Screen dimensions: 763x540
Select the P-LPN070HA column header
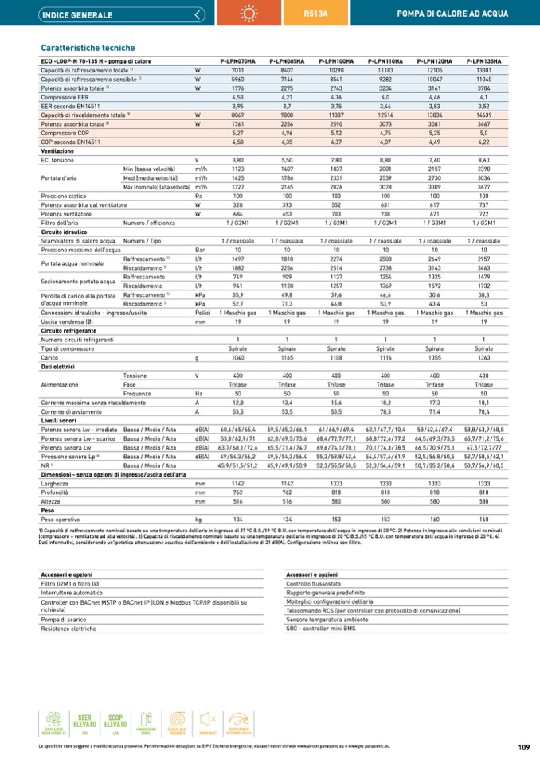coord(237,61)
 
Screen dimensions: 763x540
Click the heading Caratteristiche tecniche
coord(88,48)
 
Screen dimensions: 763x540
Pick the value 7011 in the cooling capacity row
coord(237,71)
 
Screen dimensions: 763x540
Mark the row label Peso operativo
coord(62,520)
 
